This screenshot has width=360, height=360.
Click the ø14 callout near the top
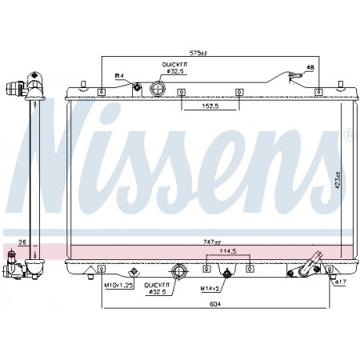(x=119, y=75)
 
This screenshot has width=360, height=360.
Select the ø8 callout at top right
(x=311, y=66)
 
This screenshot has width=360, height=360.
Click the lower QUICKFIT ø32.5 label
(x=158, y=289)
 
